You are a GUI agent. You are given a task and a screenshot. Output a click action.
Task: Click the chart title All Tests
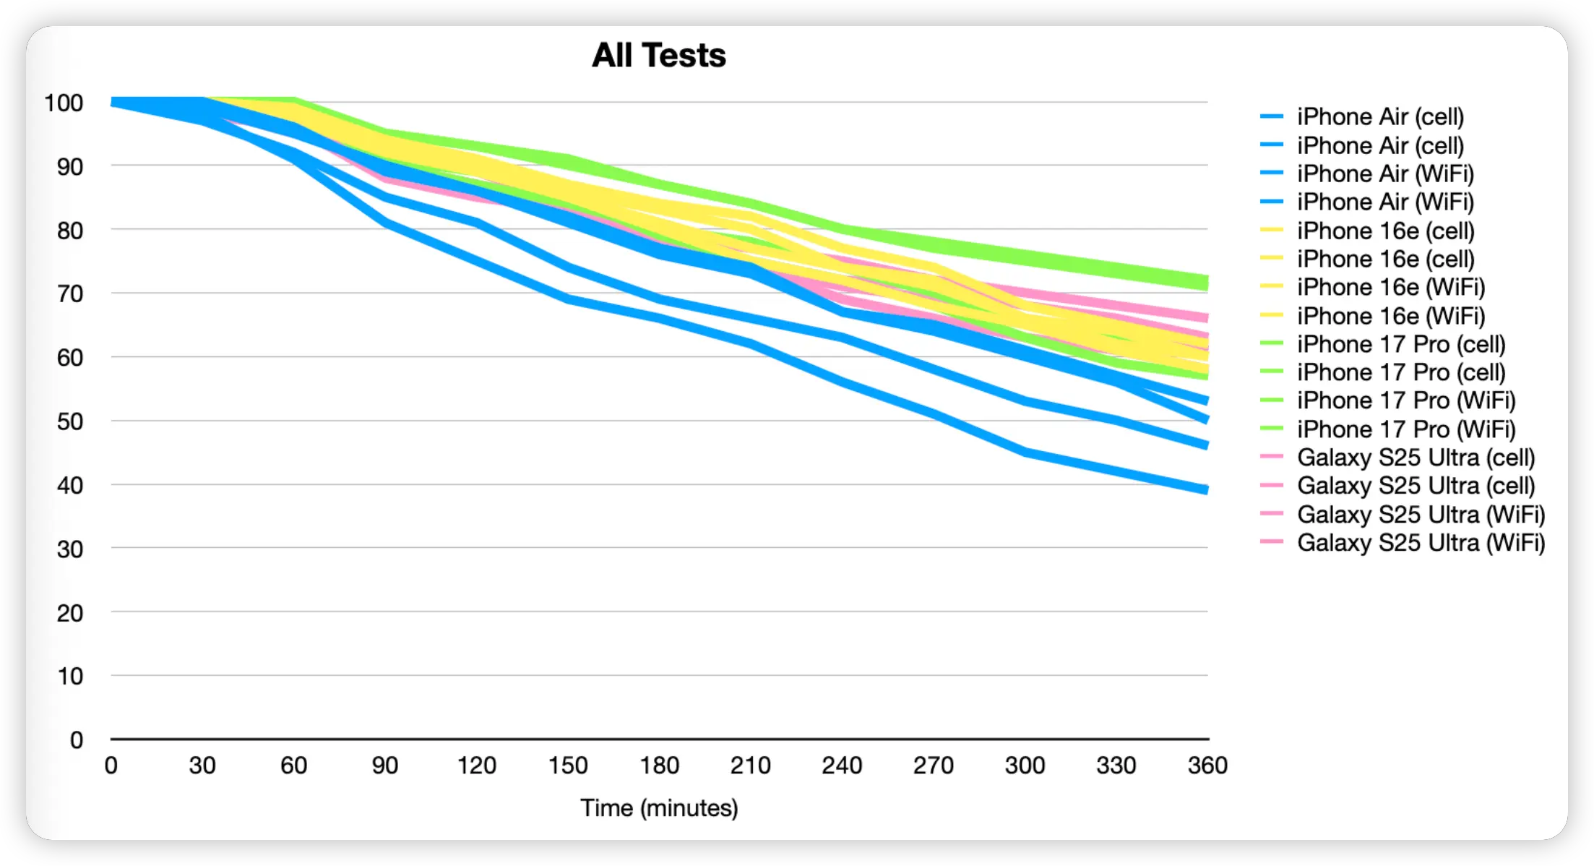coord(658,56)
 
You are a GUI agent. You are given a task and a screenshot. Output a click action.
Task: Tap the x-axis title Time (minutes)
coord(658,807)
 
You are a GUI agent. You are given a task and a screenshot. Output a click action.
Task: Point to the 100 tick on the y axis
coord(64,103)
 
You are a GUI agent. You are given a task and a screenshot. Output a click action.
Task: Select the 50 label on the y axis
coord(69,421)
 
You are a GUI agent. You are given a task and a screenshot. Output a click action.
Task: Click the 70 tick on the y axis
coord(69,294)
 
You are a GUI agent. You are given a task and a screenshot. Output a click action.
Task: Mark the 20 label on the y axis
coord(69,613)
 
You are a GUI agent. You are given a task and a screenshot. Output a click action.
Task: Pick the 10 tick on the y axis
coord(69,677)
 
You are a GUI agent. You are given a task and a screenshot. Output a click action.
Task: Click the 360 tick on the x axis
coord(1207,765)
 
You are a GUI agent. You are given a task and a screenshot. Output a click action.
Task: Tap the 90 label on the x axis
coord(384,765)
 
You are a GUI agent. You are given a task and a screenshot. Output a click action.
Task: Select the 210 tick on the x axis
coord(750,765)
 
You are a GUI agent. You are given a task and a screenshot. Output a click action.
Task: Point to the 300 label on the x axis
coord(1025,765)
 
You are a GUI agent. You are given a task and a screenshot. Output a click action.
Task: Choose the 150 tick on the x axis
coord(567,765)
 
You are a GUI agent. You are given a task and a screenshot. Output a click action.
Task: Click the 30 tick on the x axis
coord(202,765)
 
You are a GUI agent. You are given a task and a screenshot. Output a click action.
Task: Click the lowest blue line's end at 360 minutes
coord(1206,490)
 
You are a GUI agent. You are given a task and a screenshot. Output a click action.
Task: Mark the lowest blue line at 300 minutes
coord(1025,453)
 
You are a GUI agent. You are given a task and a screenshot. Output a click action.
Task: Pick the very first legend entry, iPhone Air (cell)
coord(1379,117)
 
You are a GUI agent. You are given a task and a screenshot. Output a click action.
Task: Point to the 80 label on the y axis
coord(69,231)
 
